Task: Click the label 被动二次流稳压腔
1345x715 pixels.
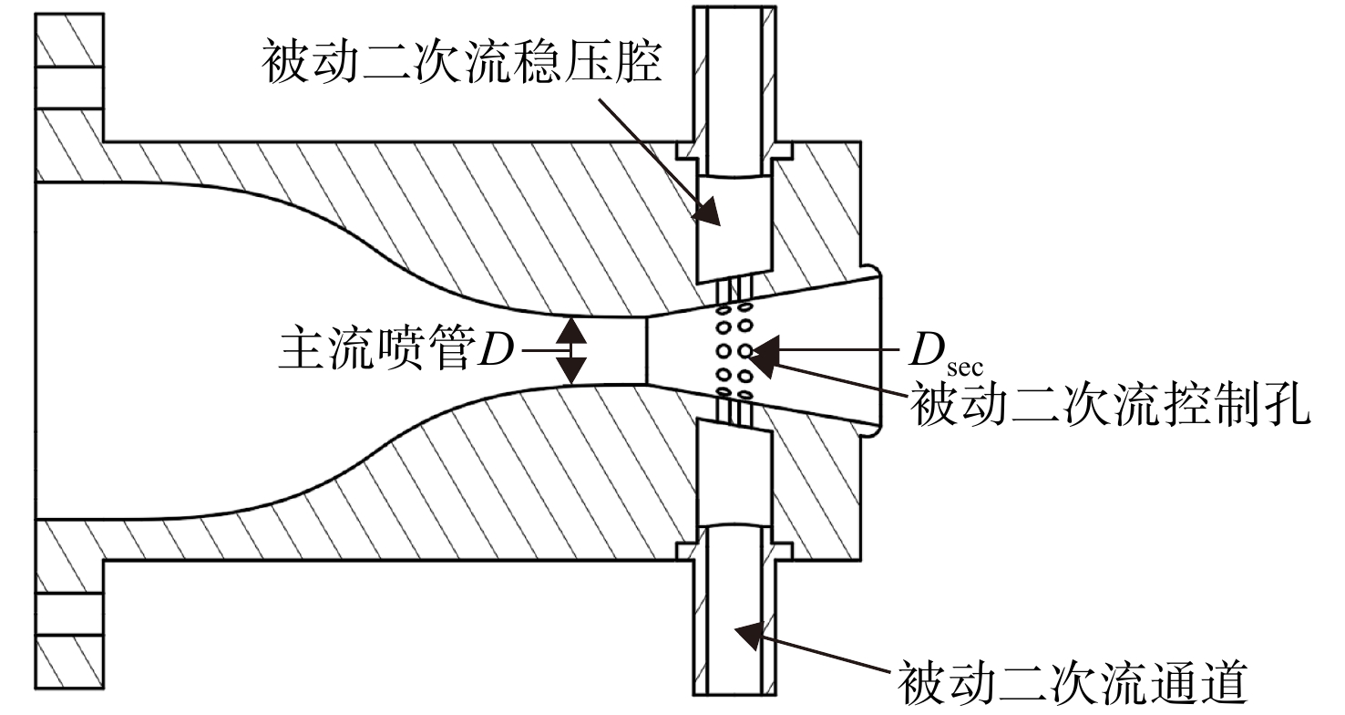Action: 462,63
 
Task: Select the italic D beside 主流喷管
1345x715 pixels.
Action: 496,349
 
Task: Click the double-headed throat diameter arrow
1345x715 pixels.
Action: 570,351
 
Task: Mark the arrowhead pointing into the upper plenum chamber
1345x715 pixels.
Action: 707,211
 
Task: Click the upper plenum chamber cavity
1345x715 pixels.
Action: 734,228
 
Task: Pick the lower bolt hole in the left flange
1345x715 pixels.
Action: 69,614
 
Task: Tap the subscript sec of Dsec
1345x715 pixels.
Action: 964,368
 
